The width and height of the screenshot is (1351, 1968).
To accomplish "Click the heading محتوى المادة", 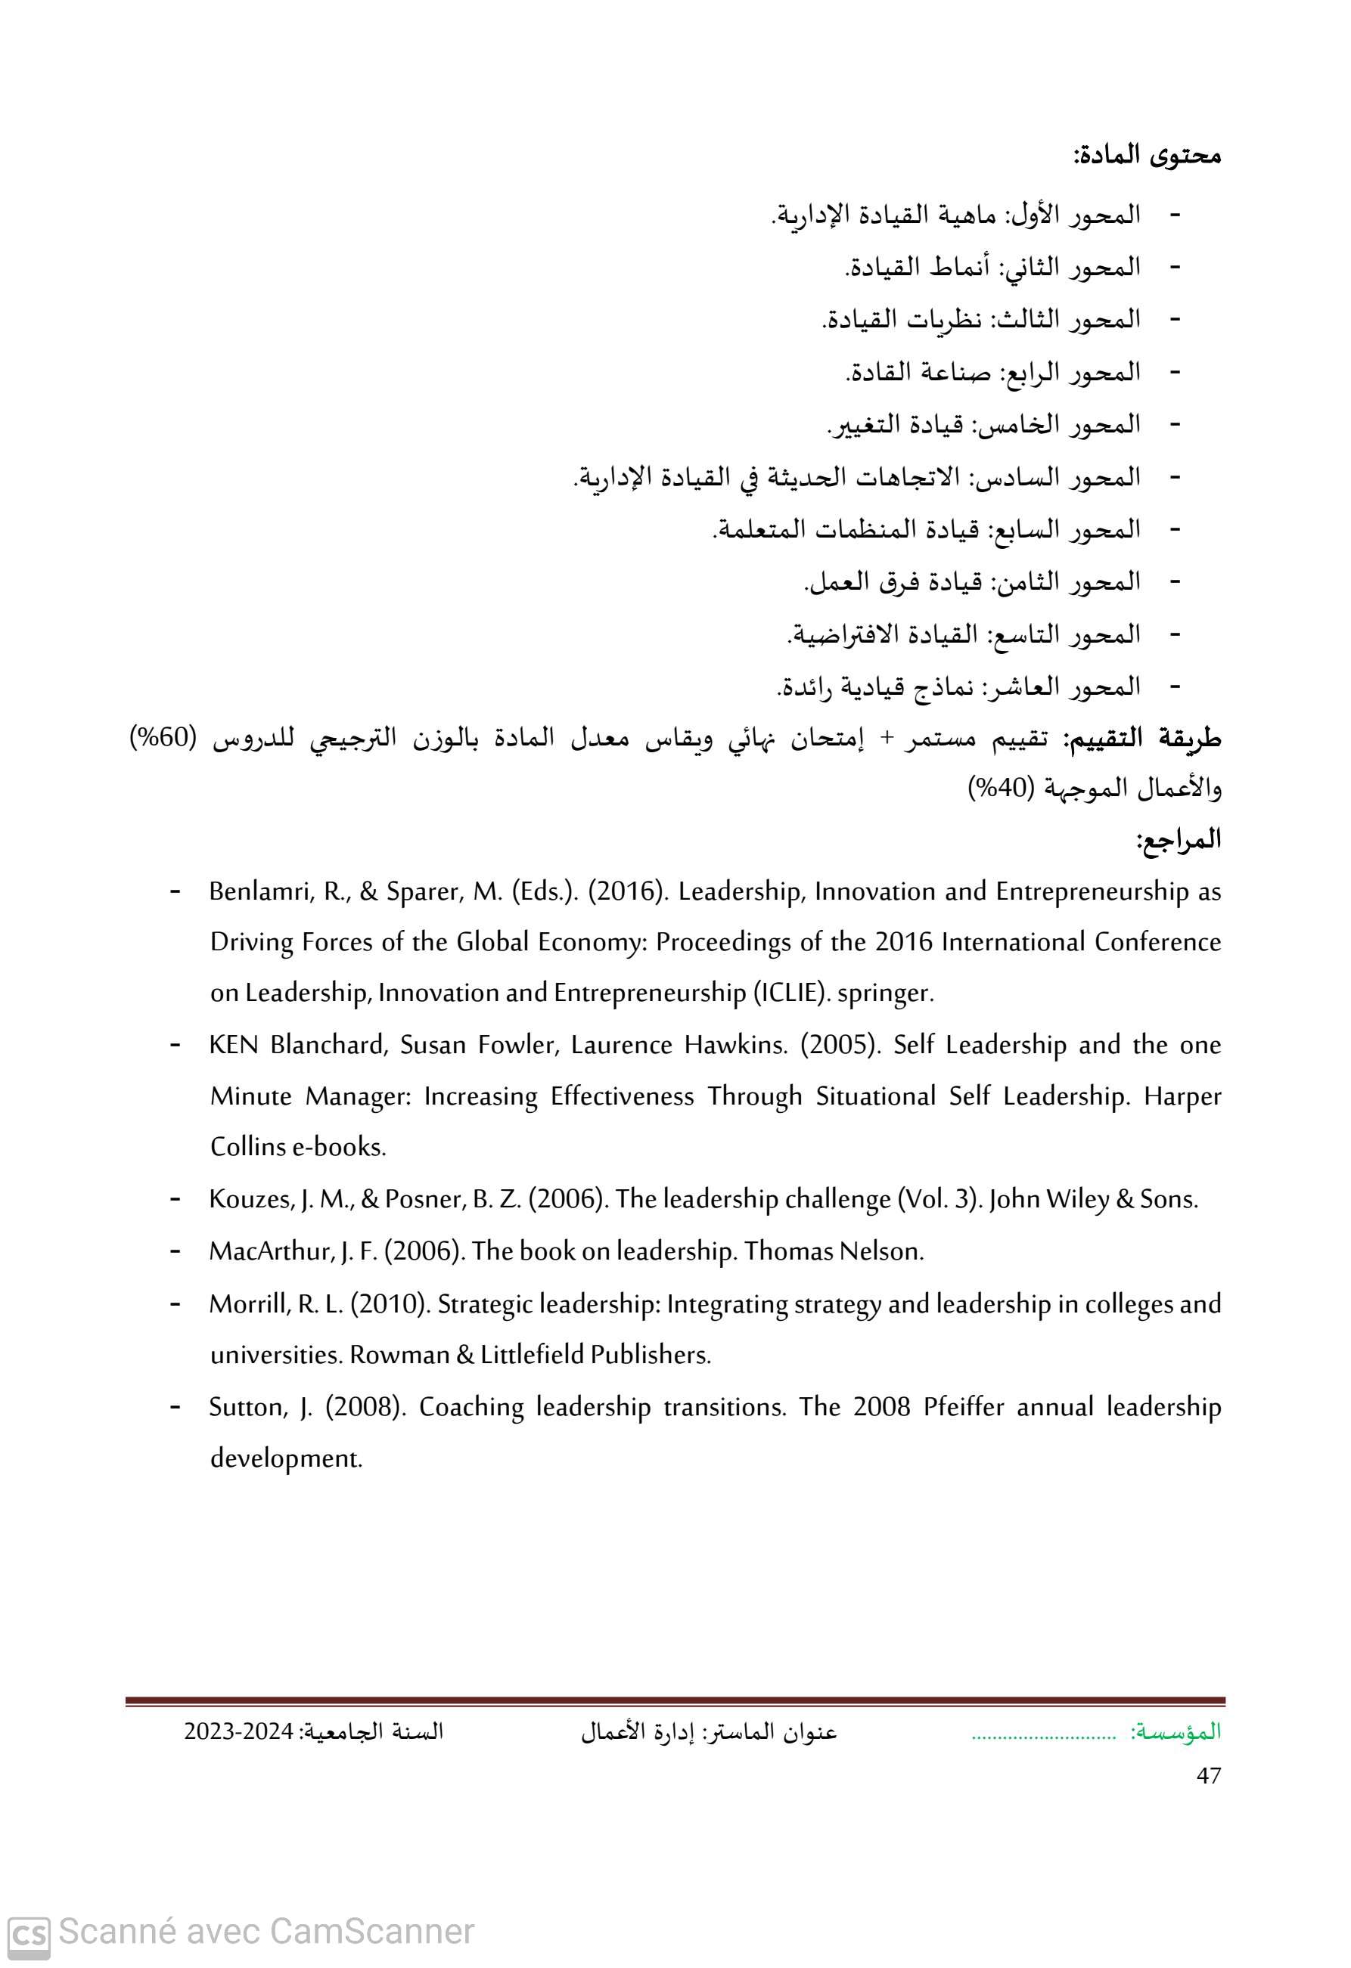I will (x=1147, y=157).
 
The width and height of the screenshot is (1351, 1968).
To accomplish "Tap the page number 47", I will (x=1209, y=1776).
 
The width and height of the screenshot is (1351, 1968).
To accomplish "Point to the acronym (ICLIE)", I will (x=790, y=993).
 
